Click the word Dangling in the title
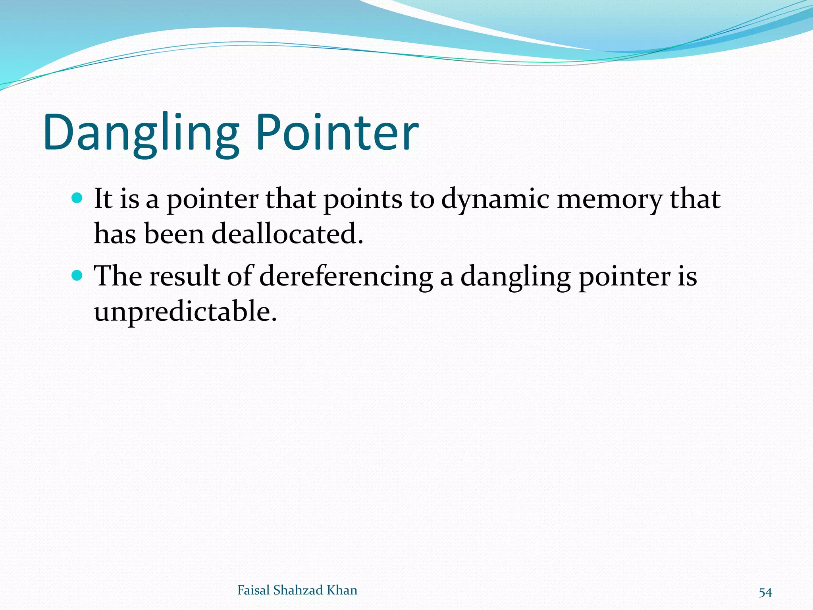coord(141,133)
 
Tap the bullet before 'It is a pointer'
coord(77,197)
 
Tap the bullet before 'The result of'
coord(77,275)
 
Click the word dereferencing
coord(345,276)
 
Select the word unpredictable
coord(185,311)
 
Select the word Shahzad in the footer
coord(298,590)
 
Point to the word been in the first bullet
coord(173,234)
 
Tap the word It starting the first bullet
coord(103,198)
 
